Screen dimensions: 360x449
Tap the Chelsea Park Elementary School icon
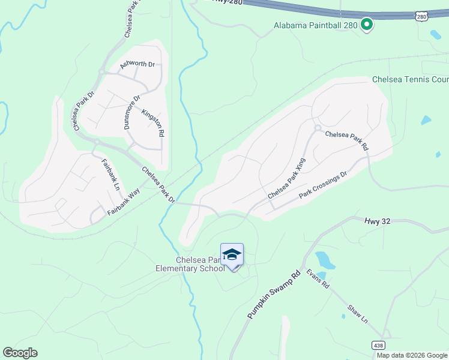(x=232, y=256)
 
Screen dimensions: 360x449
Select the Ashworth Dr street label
(x=137, y=64)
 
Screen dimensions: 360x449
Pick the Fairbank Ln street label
(x=110, y=174)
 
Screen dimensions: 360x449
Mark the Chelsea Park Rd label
(x=346, y=140)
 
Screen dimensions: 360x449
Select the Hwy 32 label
(x=377, y=221)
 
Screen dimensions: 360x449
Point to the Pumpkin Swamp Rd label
(x=274, y=295)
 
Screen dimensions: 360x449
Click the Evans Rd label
(x=318, y=278)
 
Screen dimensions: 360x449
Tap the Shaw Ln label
(x=358, y=314)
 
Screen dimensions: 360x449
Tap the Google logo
(x=20, y=353)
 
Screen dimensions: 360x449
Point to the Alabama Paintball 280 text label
(x=315, y=25)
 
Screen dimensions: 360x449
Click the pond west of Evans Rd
(x=325, y=260)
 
